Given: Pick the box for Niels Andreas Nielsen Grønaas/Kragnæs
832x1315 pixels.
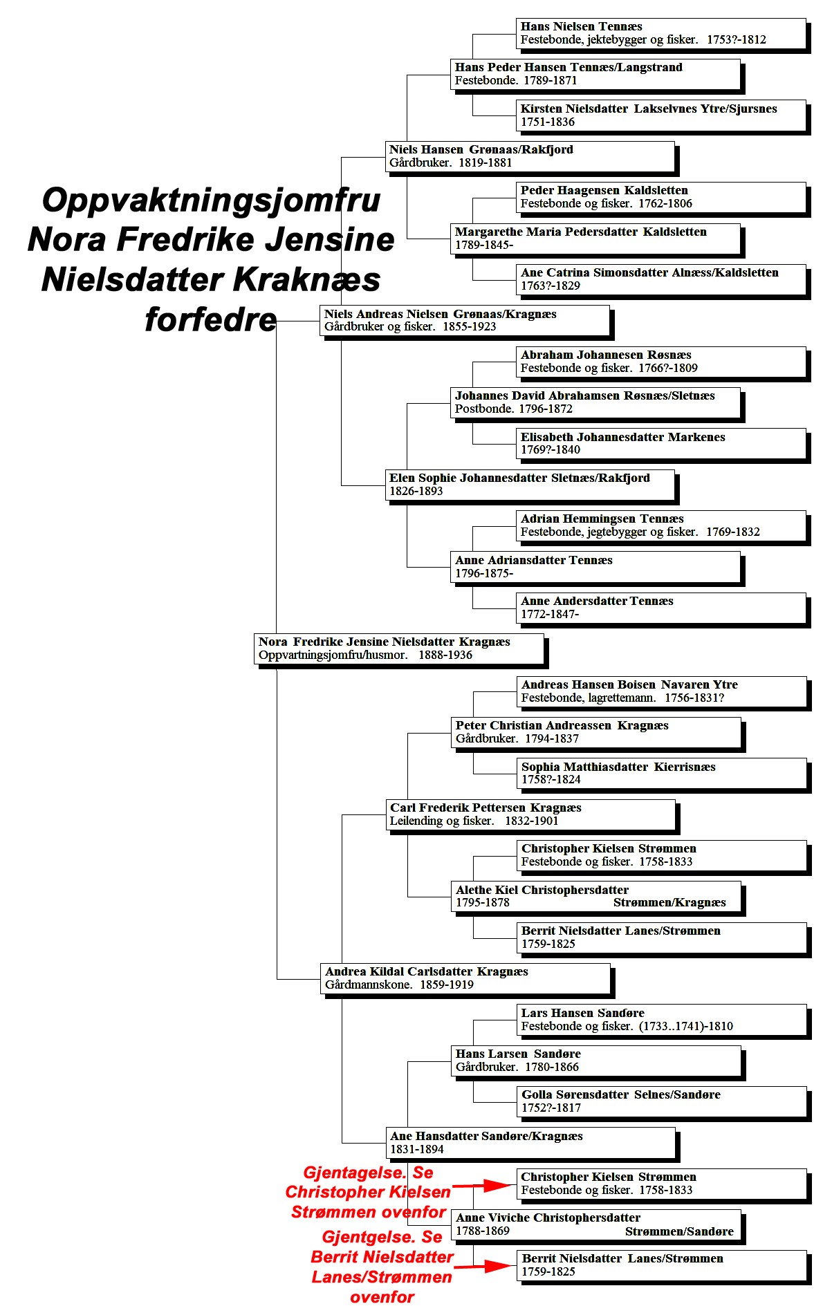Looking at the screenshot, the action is [x=466, y=321].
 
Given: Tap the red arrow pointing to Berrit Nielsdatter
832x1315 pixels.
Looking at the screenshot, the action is [x=485, y=1266].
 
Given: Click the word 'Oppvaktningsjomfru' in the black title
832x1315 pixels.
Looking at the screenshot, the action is [x=212, y=201].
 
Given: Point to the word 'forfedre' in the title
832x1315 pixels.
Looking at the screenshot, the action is [x=211, y=319].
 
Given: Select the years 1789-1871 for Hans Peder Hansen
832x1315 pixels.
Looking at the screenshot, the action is [x=551, y=80].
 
